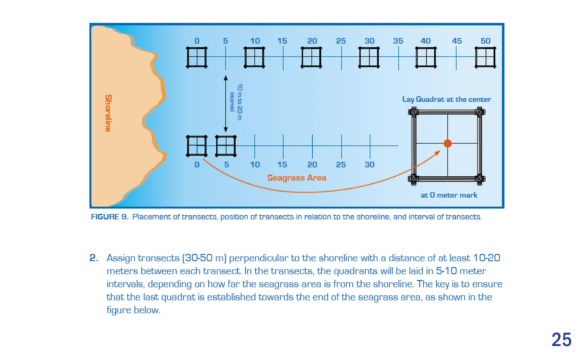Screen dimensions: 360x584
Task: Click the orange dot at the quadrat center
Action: [x=448, y=143]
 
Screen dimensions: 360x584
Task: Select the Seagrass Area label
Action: [x=297, y=178]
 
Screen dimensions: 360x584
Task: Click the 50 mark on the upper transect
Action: [x=485, y=41]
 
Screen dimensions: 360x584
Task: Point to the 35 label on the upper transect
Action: [x=398, y=41]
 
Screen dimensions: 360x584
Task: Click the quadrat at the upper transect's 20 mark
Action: [x=311, y=57]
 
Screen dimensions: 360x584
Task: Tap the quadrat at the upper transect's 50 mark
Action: [x=485, y=57]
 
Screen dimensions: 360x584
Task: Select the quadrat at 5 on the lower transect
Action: [x=226, y=146]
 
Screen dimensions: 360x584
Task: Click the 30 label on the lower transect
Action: [x=370, y=165]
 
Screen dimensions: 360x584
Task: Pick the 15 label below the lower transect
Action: [x=282, y=165]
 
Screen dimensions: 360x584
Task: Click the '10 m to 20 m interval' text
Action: [x=236, y=102]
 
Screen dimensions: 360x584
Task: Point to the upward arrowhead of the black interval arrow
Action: [x=226, y=78]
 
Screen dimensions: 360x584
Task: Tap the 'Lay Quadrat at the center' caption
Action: [x=447, y=99]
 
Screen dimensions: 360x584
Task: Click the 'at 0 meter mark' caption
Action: [x=449, y=195]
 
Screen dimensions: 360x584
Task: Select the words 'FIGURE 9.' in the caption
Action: [x=110, y=217]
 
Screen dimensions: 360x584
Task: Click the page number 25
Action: [x=561, y=339]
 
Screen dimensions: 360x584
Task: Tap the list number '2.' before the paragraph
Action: [x=94, y=258]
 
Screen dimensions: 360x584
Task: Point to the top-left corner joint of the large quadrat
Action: [x=414, y=112]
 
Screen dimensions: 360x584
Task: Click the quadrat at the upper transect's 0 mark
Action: [x=197, y=57]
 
